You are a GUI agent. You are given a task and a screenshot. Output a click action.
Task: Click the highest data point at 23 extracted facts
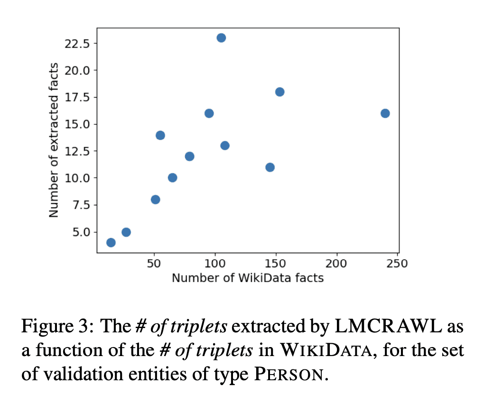click(221, 38)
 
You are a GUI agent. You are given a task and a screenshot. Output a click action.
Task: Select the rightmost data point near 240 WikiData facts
click(385, 113)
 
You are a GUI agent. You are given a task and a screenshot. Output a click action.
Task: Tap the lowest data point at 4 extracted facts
click(111, 243)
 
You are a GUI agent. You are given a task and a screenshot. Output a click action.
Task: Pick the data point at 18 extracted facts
click(279, 92)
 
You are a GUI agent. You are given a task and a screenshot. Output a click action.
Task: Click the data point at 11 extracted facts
click(270, 167)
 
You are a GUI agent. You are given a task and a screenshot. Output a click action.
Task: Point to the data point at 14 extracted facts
click(160, 135)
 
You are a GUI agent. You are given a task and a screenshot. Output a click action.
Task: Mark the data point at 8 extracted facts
click(155, 200)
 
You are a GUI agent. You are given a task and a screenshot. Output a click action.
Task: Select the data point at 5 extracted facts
click(126, 232)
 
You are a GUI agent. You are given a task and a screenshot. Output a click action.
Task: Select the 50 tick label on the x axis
click(154, 264)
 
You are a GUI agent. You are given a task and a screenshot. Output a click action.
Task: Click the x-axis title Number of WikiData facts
click(248, 278)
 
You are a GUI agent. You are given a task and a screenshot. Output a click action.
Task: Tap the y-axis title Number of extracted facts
click(54, 140)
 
